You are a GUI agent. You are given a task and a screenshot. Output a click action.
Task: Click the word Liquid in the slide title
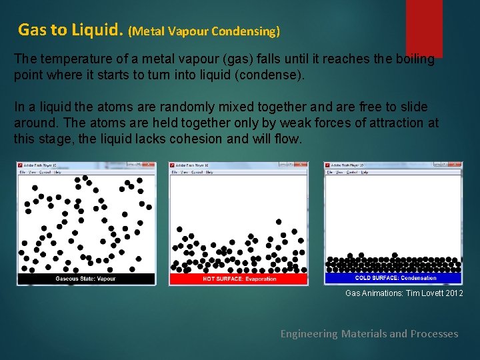click(97, 30)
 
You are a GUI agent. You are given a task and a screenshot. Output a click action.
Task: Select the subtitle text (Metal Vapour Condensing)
click(204, 31)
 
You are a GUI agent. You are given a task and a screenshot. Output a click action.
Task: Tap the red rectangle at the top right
click(424, 27)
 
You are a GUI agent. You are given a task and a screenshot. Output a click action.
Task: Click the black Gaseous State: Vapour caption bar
click(86, 279)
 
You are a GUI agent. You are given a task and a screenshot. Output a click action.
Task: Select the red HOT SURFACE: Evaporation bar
click(239, 279)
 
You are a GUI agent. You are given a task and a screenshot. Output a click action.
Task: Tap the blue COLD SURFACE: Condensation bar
click(393, 278)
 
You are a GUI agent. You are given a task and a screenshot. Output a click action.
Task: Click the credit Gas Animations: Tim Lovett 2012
click(403, 293)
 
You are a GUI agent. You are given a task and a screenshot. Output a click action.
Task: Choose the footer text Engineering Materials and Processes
click(369, 333)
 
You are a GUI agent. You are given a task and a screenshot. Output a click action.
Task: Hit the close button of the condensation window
click(457, 165)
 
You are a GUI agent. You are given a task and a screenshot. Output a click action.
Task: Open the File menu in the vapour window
click(23, 172)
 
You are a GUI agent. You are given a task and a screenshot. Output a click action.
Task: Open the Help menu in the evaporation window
click(209, 172)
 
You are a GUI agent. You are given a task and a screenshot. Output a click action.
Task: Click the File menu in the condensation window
click(329, 172)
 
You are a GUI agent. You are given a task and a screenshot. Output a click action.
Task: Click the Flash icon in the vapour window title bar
click(21, 165)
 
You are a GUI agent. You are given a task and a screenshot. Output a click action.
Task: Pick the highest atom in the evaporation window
click(279, 221)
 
